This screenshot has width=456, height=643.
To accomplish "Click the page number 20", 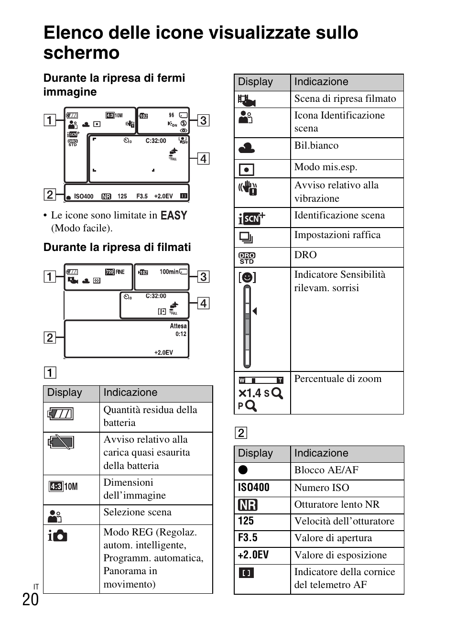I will point(30,599).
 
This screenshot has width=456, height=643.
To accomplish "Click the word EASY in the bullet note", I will point(174,216).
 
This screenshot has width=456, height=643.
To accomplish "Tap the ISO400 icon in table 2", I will point(254,488).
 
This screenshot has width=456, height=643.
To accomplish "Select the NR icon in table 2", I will point(248,505).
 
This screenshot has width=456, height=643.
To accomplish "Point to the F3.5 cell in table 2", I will point(248,538).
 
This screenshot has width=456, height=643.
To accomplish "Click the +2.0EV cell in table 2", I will point(253,555).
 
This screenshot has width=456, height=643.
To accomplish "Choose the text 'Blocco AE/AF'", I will point(326,470).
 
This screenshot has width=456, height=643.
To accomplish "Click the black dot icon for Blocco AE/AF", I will point(243,470).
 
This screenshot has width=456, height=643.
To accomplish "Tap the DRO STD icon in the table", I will point(247,258).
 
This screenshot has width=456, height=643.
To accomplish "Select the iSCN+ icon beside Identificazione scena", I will point(251,218).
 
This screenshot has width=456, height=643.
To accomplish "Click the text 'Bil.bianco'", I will point(316,146).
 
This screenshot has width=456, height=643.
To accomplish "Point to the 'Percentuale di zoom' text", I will point(337,379).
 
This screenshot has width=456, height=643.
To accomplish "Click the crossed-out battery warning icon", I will point(61,442).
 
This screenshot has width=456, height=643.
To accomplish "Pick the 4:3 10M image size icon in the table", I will point(63,487).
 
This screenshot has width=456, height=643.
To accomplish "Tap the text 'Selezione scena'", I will point(137,512).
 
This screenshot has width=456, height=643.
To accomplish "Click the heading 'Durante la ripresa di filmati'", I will point(117,247).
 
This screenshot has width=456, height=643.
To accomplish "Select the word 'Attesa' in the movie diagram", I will point(178,326).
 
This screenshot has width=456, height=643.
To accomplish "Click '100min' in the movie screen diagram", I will point(169,272).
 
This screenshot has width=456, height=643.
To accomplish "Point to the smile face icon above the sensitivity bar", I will point(247,277).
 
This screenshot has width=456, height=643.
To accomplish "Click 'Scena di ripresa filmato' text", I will point(345,99).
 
